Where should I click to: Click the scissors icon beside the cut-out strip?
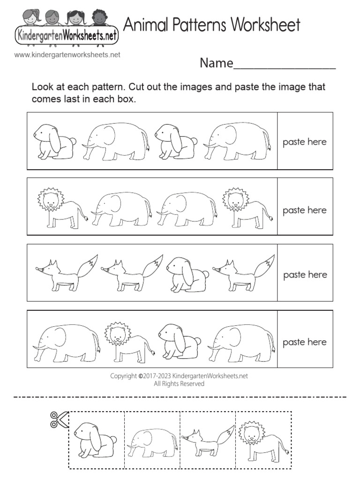click(x=59, y=419)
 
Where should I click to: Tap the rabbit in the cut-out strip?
click(x=95, y=440)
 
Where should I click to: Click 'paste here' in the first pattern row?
click(x=305, y=142)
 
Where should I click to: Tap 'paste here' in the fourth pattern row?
click(x=305, y=342)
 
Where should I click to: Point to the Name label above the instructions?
click(x=216, y=63)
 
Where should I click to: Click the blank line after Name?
click(x=285, y=66)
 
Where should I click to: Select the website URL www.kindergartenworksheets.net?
click(x=67, y=55)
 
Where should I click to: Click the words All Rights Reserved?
click(x=180, y=383)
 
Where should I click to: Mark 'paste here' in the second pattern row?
click(x=305, y=210)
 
